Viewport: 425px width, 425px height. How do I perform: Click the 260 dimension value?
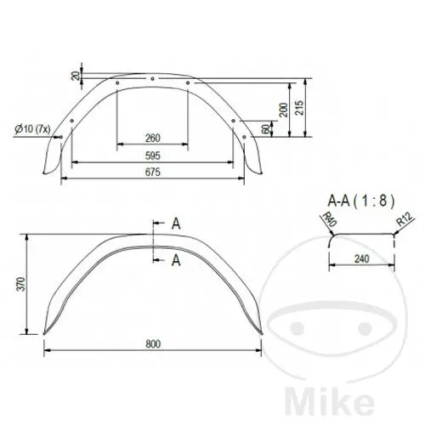point(153,139)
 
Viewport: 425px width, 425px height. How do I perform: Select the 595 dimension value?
point(153,156)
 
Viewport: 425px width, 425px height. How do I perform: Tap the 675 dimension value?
point(153,172)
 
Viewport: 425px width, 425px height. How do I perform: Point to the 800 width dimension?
point(153,344)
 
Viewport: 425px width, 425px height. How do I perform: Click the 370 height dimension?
point(21,284)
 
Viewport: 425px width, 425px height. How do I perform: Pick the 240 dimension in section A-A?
point(362,258)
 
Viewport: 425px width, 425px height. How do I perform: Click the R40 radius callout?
point(330,219)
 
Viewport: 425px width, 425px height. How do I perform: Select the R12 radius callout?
point(404,219)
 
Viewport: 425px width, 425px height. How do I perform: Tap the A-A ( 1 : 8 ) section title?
point(360,201)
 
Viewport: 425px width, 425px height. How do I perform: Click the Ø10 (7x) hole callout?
point(32,129)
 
